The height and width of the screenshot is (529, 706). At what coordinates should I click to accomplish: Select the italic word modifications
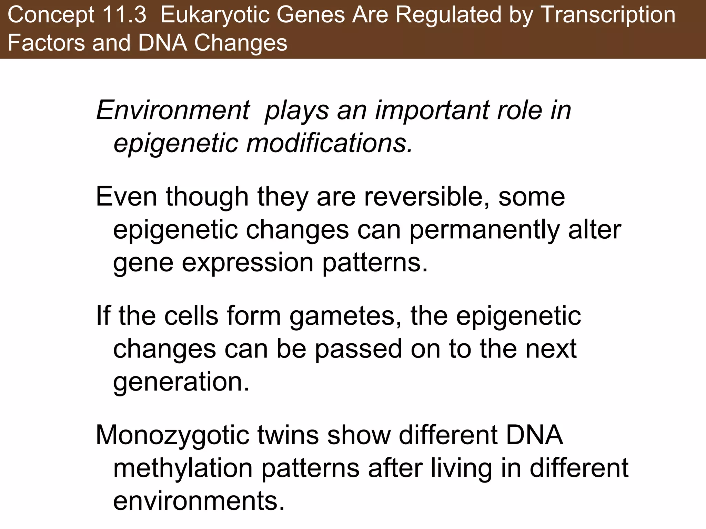click(329, 143)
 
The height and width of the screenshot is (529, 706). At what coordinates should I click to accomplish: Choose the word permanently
click(484, 230)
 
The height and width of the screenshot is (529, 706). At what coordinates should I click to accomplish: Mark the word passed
click(358, 349)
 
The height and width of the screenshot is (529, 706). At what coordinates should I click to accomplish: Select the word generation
click(181, 382)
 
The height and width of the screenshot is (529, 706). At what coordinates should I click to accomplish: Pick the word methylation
click(183, 468)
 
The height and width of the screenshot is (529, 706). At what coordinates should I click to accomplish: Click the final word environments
click(199, 501)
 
